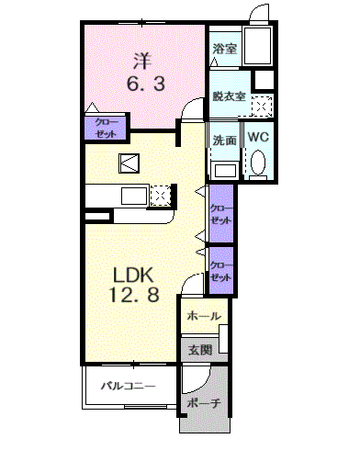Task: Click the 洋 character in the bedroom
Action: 142,61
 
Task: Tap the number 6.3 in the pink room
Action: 146,84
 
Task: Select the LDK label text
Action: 133,275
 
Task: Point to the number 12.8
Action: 134,295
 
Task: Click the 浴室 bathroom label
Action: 225,49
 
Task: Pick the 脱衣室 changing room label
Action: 229,96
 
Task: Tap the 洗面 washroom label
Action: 225,141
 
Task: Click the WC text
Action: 258,137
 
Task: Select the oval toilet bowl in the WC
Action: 258,162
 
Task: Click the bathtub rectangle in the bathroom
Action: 257,46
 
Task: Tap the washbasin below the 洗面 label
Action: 225,171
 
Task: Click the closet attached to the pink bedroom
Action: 105,128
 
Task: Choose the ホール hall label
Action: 204,315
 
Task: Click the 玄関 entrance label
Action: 200,350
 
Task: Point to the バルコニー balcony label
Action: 128,386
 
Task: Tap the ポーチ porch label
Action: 204,403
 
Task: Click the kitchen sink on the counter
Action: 134,197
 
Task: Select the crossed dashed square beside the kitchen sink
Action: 160,196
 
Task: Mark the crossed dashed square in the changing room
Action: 262,107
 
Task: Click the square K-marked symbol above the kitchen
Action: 129,163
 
